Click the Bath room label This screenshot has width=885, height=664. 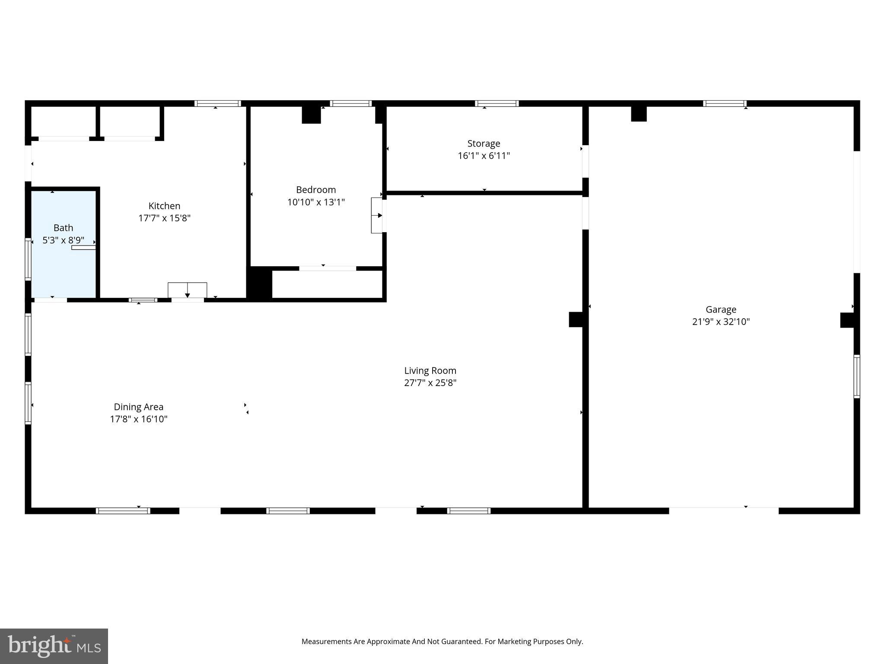[x=63, y=228]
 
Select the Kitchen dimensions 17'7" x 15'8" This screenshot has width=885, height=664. [x=164, y=218]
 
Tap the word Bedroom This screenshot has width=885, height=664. [x=316, y=190]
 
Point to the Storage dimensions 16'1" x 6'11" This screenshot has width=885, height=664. [x=484, y=156]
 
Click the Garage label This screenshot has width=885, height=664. [x=721, y=310]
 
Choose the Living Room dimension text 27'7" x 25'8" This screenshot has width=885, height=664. [x=430, y=383]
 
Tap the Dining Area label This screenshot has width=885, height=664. [x=138, y=407]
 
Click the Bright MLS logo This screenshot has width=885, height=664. [x=54, y=646]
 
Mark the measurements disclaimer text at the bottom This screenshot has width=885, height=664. [x=442, y=642]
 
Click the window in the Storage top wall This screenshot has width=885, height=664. [x=497, y=103]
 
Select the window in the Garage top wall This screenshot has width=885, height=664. [x=725, y=103]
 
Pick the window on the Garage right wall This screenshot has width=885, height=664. [x=856, y=376]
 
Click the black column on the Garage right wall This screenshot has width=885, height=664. [x=847, y=320]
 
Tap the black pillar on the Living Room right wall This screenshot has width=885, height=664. [x=576, y=319]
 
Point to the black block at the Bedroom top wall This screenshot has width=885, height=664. [x=311, y=115]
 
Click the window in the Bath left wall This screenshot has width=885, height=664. [x=28, y=259]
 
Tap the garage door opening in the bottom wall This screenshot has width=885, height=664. [x=724, y=511]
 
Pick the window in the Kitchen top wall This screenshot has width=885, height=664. [x=217, y=103]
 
